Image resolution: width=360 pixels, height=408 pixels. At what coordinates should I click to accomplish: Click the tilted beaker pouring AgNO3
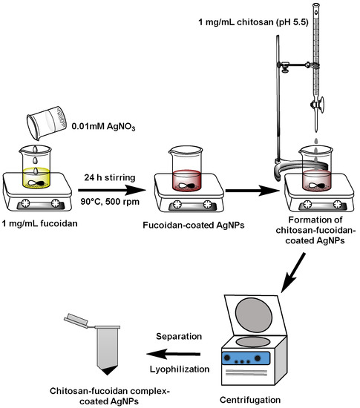point(46,123)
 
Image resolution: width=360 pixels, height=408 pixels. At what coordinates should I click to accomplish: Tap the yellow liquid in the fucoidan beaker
point(36,178)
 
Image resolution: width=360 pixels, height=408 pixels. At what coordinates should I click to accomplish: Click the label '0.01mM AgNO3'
point(104,127)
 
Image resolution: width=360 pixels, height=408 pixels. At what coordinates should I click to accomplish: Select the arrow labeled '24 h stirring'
point(111,190)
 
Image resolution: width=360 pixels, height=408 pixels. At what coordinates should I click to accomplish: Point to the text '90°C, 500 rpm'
point(110,202)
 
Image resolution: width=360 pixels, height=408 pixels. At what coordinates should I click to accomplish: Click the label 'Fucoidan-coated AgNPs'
point(194,225)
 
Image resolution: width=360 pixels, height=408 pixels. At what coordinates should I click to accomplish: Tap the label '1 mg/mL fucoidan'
point(40,223)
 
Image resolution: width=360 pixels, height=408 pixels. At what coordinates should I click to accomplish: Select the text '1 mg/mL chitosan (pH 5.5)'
point(253,22)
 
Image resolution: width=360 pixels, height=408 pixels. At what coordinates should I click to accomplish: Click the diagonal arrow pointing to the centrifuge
point(293,272)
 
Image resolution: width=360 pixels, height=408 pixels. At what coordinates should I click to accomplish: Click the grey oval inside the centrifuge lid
point(254,312)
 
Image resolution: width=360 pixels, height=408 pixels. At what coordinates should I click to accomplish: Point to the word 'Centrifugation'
point(250,400)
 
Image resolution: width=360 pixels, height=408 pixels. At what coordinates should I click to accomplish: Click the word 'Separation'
point(179,336)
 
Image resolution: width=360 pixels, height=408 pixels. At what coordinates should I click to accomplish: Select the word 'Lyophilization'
point(180,369)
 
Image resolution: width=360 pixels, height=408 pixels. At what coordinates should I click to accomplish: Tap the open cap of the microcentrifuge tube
point(76,320)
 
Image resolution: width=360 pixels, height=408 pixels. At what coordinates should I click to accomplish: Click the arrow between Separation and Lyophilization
point(174,354)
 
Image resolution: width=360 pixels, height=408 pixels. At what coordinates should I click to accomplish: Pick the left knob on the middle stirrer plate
point(177,204)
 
